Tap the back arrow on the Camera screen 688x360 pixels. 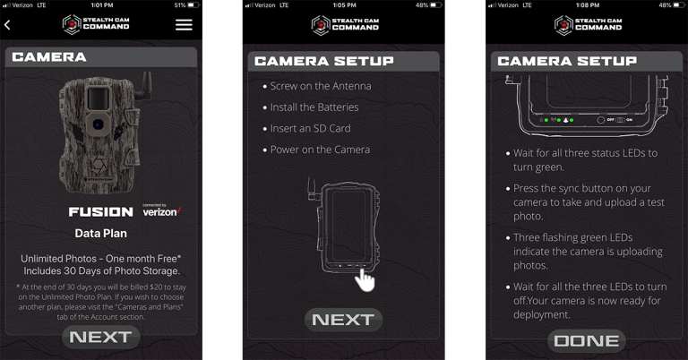[8, 25]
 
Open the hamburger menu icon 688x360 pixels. [184, 25]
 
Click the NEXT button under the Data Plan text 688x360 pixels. [100, 337]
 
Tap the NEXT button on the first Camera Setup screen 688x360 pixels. [344, 319]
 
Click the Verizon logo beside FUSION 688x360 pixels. [161, 211]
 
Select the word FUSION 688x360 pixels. [102, 212]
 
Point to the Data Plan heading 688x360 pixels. [100, 233]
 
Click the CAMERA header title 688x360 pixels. [49, 57]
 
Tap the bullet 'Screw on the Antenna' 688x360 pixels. [320, 86]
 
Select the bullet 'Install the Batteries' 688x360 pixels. [314, 107]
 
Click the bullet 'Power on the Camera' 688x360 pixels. [319, 150]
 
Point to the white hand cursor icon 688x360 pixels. [365, 279]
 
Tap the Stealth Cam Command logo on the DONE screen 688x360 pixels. [588, 23]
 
